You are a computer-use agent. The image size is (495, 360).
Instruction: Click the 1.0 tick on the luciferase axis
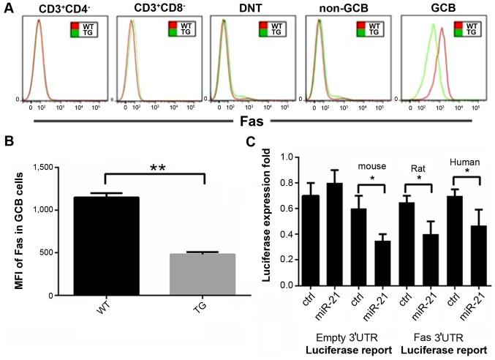pos(292,157)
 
